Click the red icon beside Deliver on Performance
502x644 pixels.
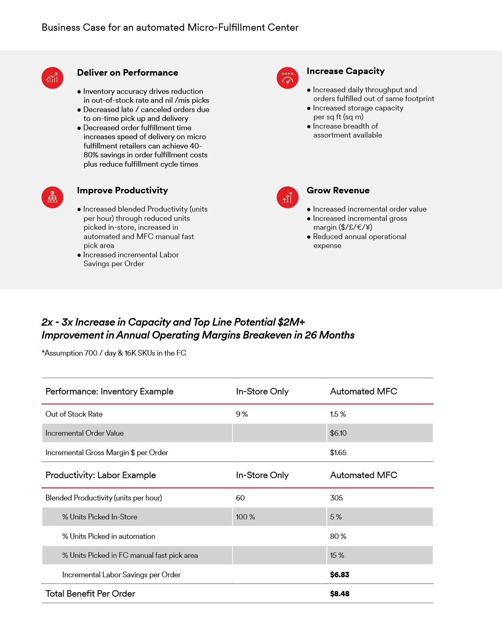pyautogui.click(x=52, y=78)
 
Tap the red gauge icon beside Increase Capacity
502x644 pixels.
pyautogui.click(x=287, y=78)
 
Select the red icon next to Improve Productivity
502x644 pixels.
pyautogui.click(x=52, y=197)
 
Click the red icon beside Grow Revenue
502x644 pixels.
pyautogui.click(x=287, y=197)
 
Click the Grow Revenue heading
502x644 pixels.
pyautogui.click(x=338, y=191)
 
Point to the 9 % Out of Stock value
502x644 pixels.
pyautogui.click(x=242, y=414)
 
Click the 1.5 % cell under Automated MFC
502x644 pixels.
pyautogui.click(x=338, y=414)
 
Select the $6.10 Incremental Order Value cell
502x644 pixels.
pyautogui.click(x=338, y=433)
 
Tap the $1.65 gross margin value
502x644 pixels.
pyautogui.click(x=338, y=453)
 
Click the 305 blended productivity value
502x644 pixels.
pyautogui.click(x=336, y=498)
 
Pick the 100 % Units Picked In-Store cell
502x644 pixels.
pyautogui.click(x=245, y=517)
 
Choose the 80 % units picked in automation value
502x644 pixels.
pyautogui.click(x=338, y=536)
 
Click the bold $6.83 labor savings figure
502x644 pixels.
pyautogui.click(x=339, y=575)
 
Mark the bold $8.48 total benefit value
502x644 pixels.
pyautogui.click(x=339, y=594)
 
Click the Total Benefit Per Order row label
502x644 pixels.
pyautogui.click(x=90, y=594)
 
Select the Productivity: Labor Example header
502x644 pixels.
pyautogui.click(x=100, y=475)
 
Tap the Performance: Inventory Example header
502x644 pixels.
pyautogui.click(x=109, y=392)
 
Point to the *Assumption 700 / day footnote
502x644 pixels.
pyautogui.click(x=114, y=353)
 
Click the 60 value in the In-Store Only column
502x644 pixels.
pyautogui.click(x=240, y=498)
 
